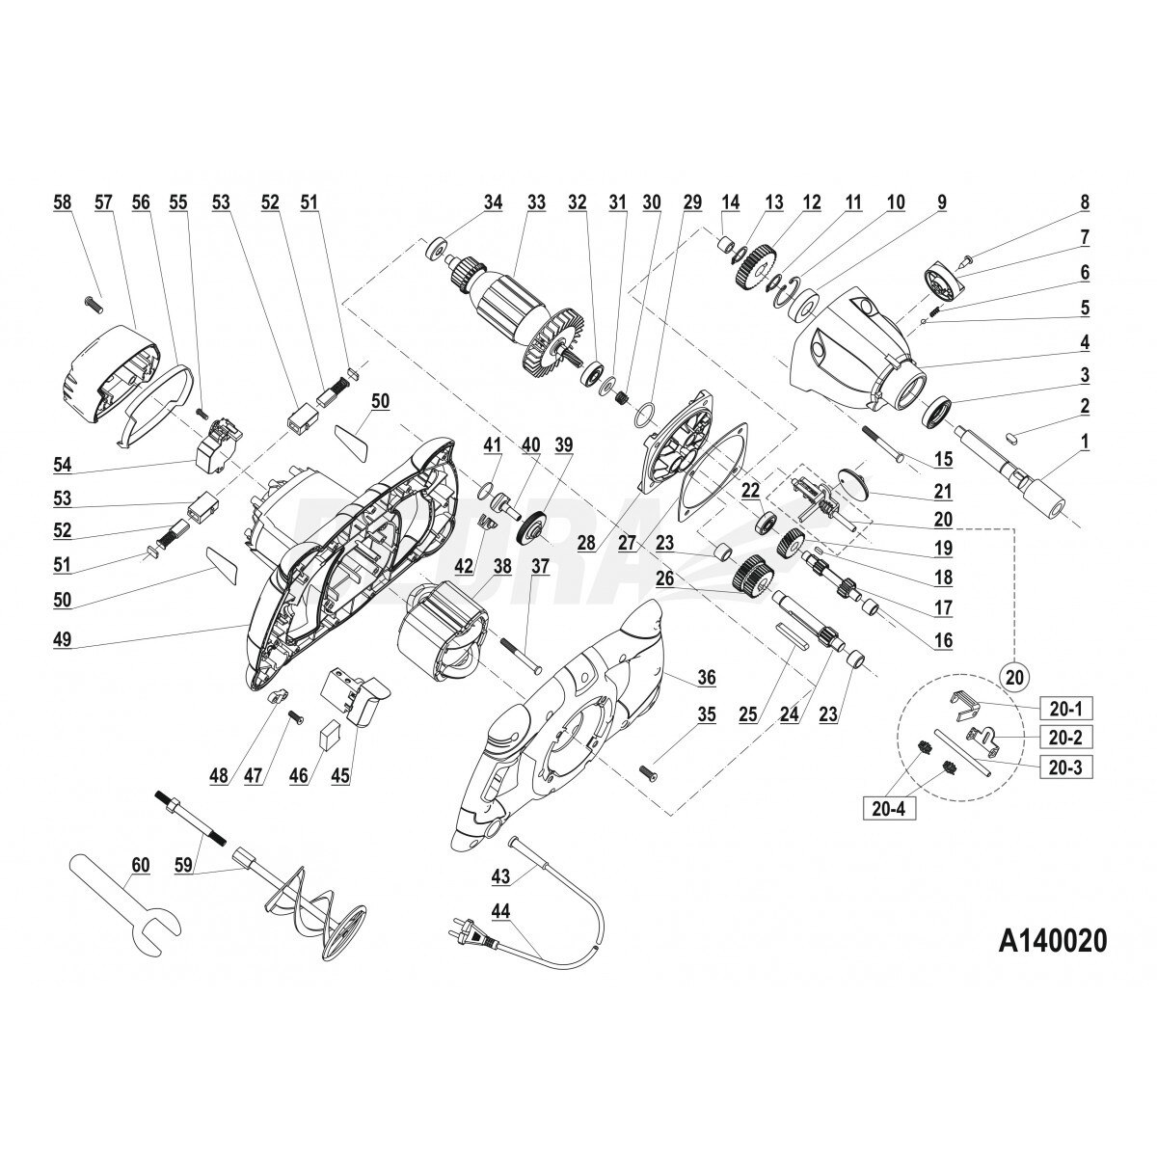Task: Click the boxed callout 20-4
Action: coord(889,808)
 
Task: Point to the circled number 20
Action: coord(1014,677)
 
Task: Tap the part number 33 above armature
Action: coord(536,202)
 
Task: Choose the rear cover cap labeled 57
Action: coord(110,375)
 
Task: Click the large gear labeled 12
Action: coord(755,270)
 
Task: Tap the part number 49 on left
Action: coord(63,639)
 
